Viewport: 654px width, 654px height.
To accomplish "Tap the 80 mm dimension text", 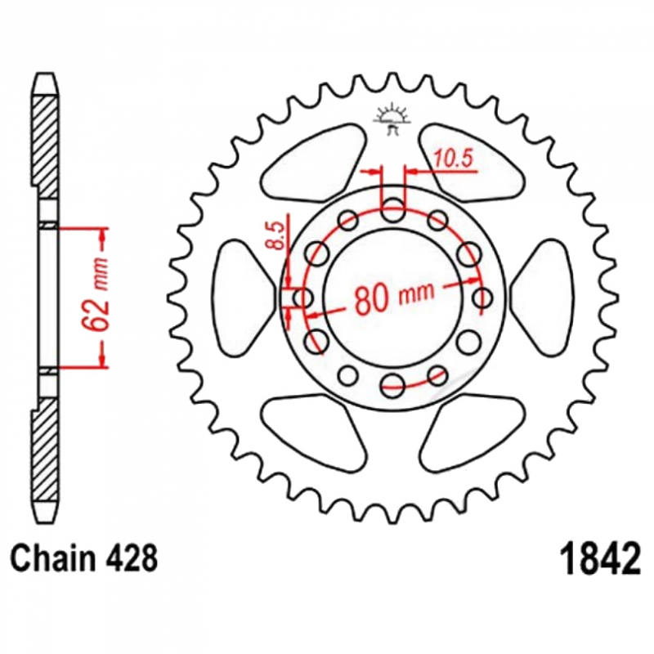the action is click(x=394, y=297).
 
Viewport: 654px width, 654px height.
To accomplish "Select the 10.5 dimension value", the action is click(x=454, y=159).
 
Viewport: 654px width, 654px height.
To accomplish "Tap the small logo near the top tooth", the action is click(x=392, y=119).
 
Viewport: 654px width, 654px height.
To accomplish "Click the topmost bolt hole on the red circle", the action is click(x=393, y=210).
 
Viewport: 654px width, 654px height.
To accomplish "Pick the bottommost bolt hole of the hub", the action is click(x=393, y=384).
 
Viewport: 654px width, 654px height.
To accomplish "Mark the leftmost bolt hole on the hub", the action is click(x=303, y=298).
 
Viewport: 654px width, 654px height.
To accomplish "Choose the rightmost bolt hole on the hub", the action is click(x=483, y=298).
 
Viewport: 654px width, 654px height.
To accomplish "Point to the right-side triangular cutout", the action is click(x=543, y=297).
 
